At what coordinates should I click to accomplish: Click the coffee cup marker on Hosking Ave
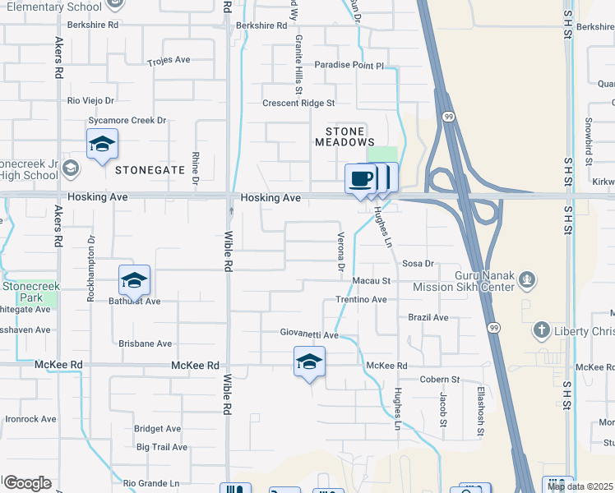point(360,178)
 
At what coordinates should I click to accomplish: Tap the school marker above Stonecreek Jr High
point(102,144)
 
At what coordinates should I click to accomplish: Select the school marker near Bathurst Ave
point(134,280)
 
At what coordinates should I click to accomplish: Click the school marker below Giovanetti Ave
point(309,362)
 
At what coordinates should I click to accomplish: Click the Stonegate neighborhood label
point(150,170)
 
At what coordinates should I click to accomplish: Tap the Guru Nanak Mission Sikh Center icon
point(527,281)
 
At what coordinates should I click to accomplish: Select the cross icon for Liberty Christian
point(541,330)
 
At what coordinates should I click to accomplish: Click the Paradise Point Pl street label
point(349,65)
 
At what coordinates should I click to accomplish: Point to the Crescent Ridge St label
point(298,104)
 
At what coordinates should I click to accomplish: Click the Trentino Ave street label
point(360,300)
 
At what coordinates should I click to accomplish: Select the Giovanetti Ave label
point(308,335)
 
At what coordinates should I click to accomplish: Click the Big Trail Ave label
point(162,448)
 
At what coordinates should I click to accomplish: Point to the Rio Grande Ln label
point(150,483)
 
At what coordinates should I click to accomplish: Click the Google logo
point(27,483)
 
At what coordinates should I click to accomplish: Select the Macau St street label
point(370,281)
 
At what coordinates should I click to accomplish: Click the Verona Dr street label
point(340,252)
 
